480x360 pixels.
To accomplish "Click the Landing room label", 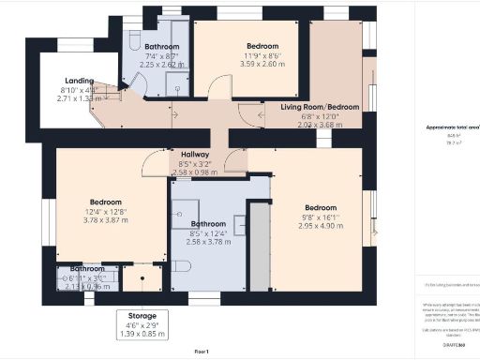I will point(78,82).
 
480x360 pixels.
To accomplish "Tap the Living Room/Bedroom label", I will point(321,107).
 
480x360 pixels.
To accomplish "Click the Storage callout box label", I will point(142,316).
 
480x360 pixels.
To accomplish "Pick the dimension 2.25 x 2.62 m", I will point(162,66).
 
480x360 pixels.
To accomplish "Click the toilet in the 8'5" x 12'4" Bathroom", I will point(180,265).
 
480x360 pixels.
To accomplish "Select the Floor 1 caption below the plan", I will point(201,351).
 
